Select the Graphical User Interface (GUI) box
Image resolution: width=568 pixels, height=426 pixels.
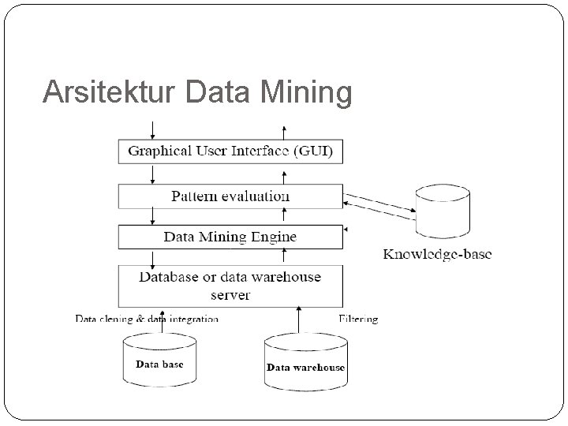tap(230, 151)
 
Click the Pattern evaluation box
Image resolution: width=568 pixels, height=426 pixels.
tap(230, 196)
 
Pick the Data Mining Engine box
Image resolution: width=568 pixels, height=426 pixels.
tap(230, 237)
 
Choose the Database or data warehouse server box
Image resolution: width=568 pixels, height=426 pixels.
tap(230, 286)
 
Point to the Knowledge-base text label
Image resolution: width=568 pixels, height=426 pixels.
tap(437, 254)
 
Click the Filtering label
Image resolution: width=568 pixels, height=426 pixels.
tap(358, 319)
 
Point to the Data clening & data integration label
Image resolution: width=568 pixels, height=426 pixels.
tap(147, 319)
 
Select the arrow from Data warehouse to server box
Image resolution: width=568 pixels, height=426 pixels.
tap(297, 320)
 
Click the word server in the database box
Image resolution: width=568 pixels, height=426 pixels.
tap(230, 295)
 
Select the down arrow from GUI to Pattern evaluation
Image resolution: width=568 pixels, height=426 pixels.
tap(152, 174)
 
